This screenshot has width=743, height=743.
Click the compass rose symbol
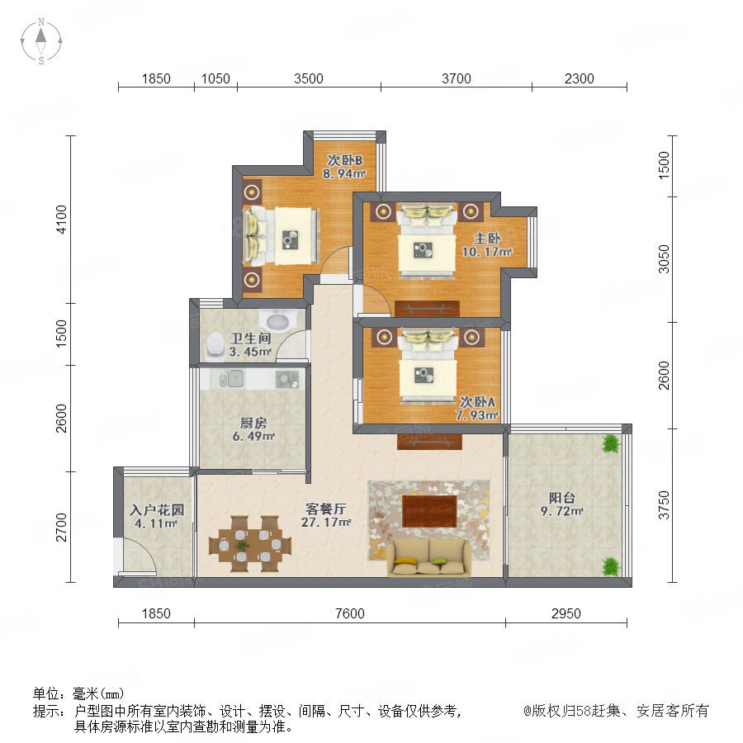(x=41, y=41)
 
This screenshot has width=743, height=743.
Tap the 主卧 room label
(x=487, y=239)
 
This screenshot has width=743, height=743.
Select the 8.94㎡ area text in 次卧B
(x=344, y=174)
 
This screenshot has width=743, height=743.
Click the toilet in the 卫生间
(x=215, y=344)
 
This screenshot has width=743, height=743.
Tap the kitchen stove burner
(x=286, y=379)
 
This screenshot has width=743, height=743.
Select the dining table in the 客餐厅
(x=250, y=544)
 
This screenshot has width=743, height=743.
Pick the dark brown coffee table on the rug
(x=429, y=511)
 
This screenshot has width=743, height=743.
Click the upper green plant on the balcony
(x=611, y=444)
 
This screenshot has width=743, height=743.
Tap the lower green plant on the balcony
(x=611, y=566)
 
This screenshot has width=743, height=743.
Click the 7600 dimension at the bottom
(x=350, y=613)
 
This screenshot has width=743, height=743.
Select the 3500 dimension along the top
(x=309, y=78)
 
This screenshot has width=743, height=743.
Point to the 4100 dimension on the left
(x=62, y=219)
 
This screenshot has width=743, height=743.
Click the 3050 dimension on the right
(x=665, y=258)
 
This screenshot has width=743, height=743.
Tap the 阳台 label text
(x=562, y=498)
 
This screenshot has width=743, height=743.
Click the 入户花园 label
(x=156, y=510)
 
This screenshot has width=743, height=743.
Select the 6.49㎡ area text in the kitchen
(x=253, y=436)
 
